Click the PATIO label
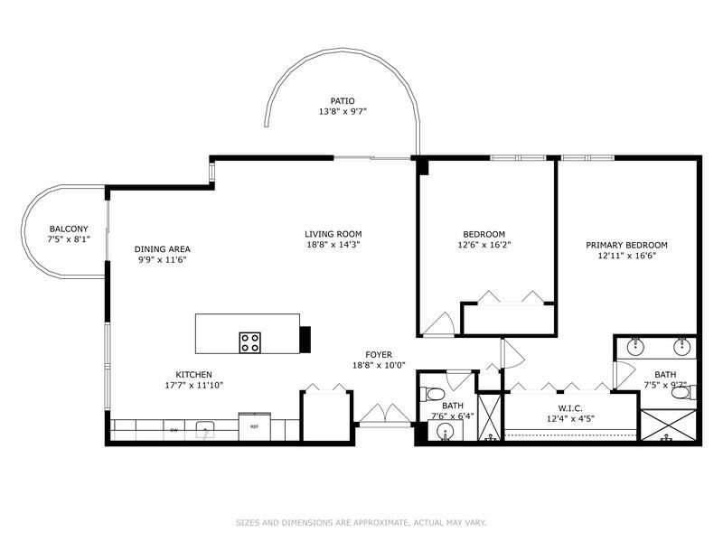coord(343,101)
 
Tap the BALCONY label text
coord(69,229)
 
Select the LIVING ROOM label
coord(333,234)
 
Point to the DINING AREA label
coord(163,249)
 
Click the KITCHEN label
coord(194,375)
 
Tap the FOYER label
coord(378,355)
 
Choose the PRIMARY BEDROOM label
coord(626,245)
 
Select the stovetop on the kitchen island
coord(250,342)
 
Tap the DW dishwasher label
coord(174,430)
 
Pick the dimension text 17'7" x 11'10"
coord(194,386)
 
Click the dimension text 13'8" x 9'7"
coord(343,112)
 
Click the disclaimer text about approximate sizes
coord(361,522)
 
